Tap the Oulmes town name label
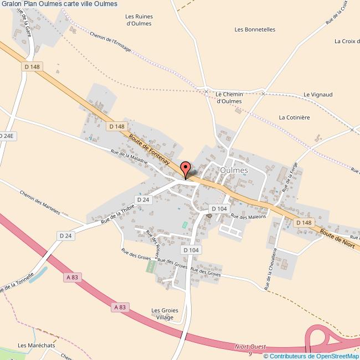point(234,171)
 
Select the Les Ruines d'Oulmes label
point(140,20)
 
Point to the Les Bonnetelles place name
point(255,29)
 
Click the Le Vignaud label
point(318,95)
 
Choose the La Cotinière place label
point(294,117)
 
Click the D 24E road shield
point(6,136)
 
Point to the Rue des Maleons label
point(249,217)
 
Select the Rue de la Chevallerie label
point(271,269)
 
